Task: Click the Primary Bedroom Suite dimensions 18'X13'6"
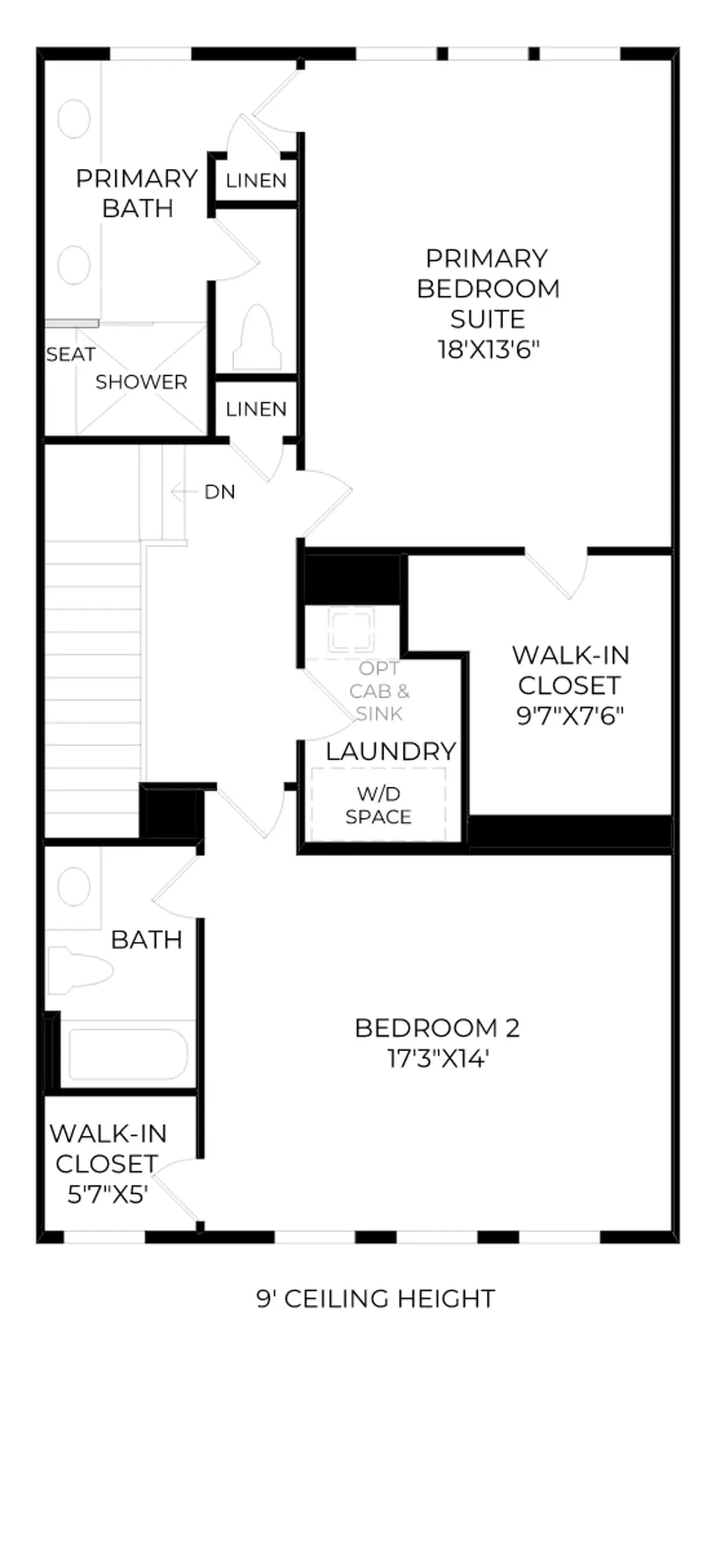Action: (488, 349)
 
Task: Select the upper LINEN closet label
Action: (256, 181)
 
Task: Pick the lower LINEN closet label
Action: (256, 409)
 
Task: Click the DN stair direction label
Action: (220, 492)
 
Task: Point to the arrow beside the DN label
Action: (184, 491)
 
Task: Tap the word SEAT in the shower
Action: (70, 354)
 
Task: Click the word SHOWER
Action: (141, 382)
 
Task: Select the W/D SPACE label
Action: (378, 805)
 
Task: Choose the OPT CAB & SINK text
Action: (379, 691)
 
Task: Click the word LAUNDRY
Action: (391, 751)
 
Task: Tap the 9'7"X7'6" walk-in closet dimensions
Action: (571, 716)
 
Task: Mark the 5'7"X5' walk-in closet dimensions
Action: (108, 1195)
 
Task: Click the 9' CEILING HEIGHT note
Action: (376, 1299)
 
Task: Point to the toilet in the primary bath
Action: (256, 338)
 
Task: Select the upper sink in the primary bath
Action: (74, 119)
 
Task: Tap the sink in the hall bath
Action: (74, 888)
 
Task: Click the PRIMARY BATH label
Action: (137, 194)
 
